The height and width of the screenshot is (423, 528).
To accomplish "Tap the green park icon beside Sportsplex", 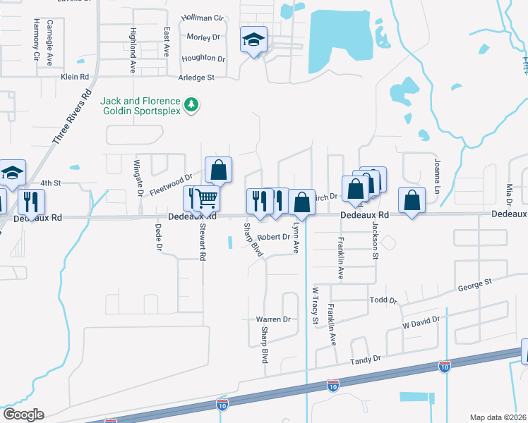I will [x=191, y=105].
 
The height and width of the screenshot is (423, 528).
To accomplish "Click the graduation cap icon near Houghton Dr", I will [x=253, y=39].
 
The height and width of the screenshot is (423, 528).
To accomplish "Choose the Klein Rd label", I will [x=75, y=76].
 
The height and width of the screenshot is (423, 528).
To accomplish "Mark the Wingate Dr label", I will [x=139, y=178].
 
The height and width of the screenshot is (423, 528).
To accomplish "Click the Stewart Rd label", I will [x=203, y=242].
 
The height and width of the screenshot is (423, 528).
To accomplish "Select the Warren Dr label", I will [x=273, y=319].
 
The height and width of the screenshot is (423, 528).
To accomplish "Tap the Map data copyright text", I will [x=498, y=417].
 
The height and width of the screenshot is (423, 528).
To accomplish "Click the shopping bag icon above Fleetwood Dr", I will [x=219, y=170].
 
